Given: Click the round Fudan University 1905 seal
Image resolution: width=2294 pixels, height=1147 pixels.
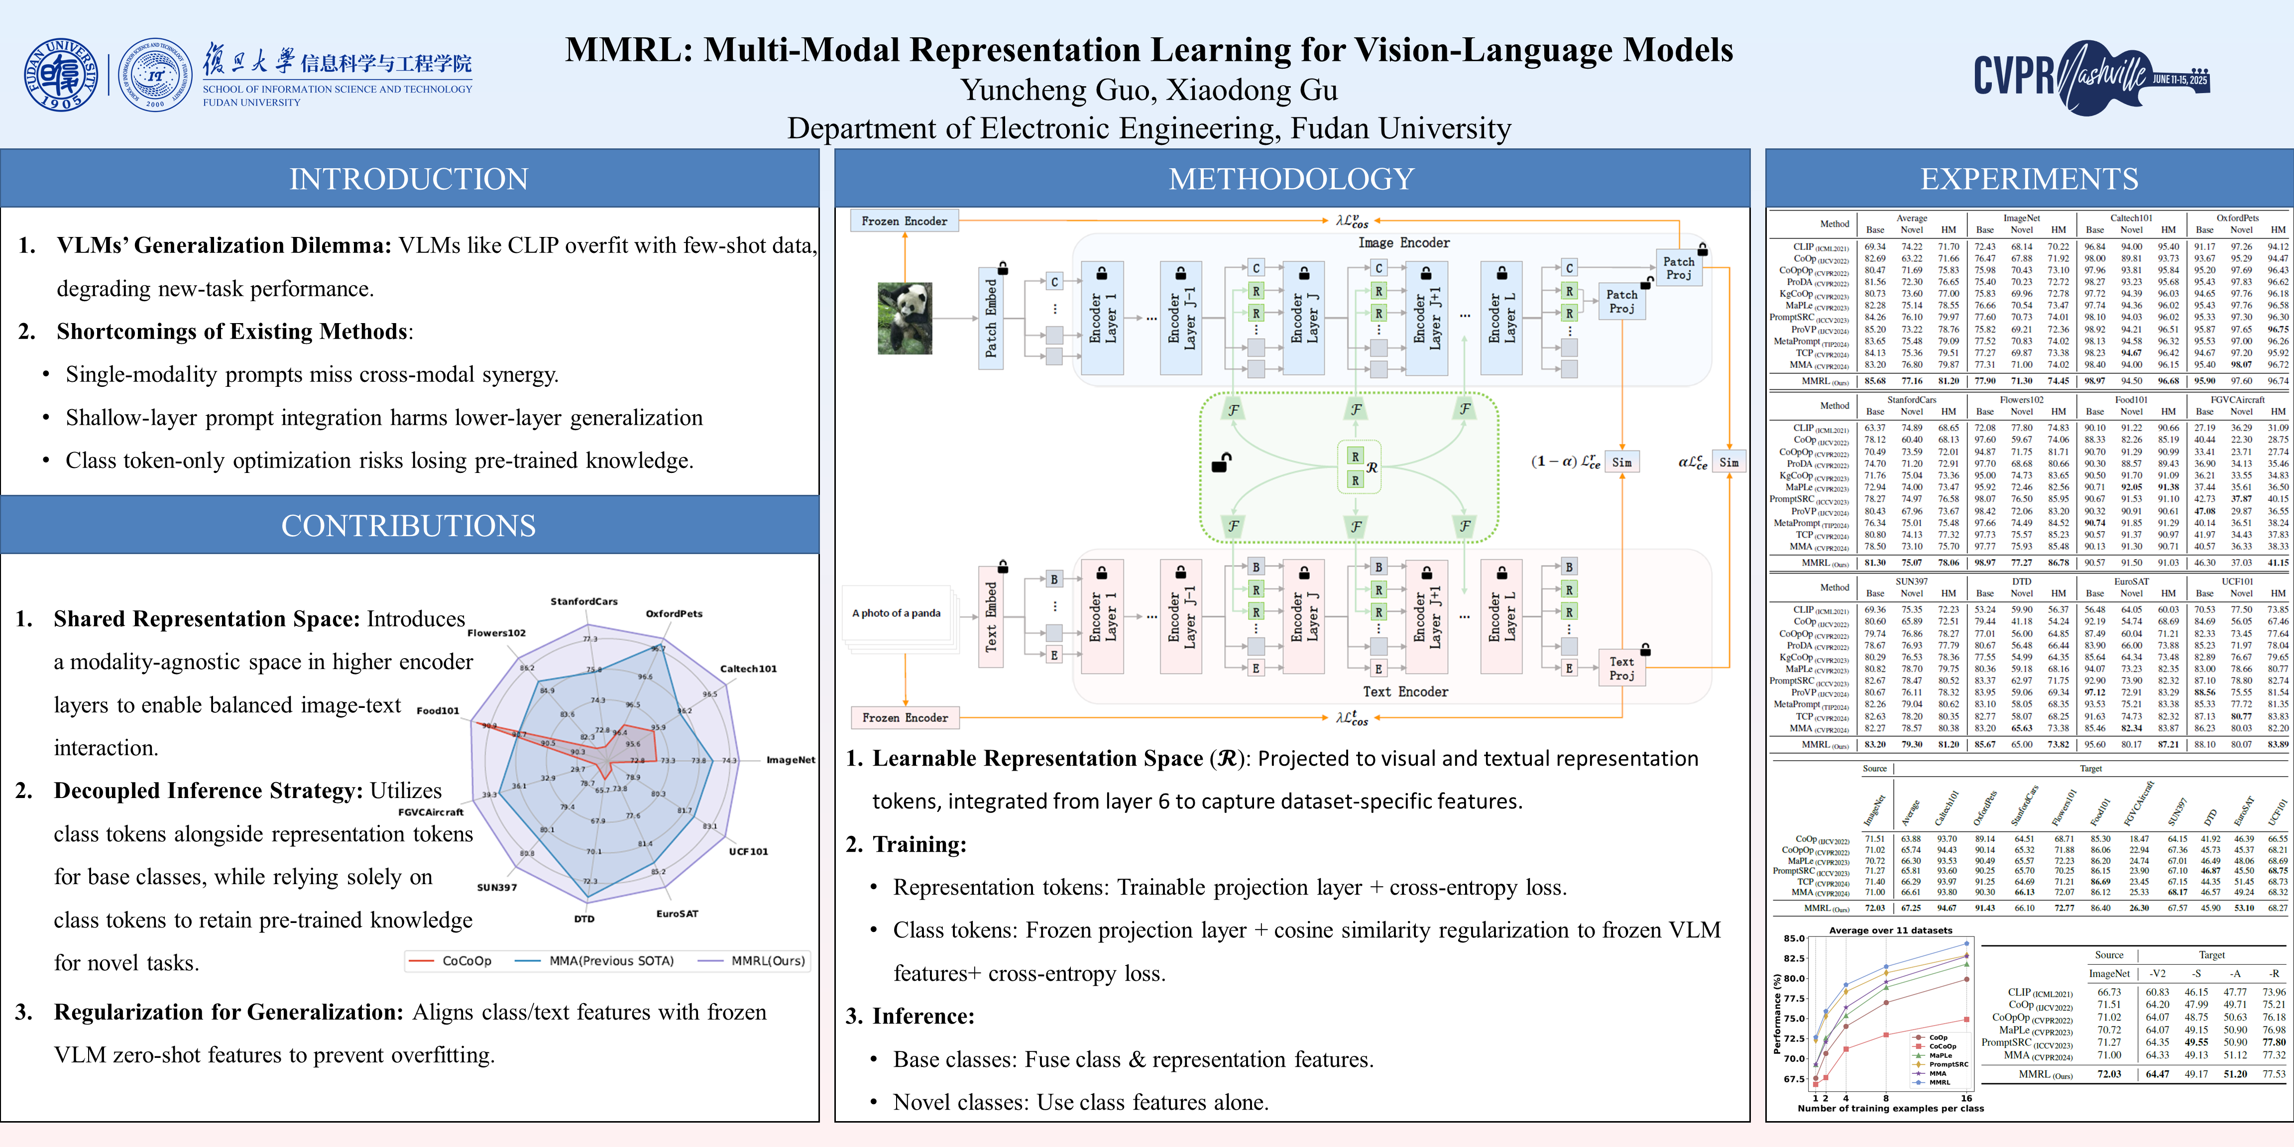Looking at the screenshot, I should [x=61, y=75].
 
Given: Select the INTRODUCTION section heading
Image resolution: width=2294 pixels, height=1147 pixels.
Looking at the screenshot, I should [x=409, y=179].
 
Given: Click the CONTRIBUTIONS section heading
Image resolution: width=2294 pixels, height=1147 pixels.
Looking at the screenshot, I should [x=409, y=525].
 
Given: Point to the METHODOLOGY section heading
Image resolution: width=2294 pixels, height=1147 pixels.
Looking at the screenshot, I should [x=1291, y=179].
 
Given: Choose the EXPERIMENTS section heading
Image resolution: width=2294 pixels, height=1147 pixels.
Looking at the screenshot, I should [x=2029, y=179].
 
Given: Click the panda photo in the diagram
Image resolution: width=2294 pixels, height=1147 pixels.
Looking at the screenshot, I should [x=905, y=318].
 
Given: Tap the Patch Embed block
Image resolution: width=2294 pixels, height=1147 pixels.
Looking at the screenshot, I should [x=991, y=318].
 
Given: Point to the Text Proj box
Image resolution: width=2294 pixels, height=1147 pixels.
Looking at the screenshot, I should [x=1621, y=669].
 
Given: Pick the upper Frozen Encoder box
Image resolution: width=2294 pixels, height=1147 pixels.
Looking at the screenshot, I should [x=904, y=221].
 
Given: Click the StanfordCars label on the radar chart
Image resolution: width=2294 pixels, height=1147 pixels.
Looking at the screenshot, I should [x=583, y=601].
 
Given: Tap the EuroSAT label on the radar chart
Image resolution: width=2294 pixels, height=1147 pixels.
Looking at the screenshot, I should [x=677, y=914].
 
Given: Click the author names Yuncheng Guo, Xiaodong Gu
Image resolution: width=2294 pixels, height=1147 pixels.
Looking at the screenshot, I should [x=1149, y=90].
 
